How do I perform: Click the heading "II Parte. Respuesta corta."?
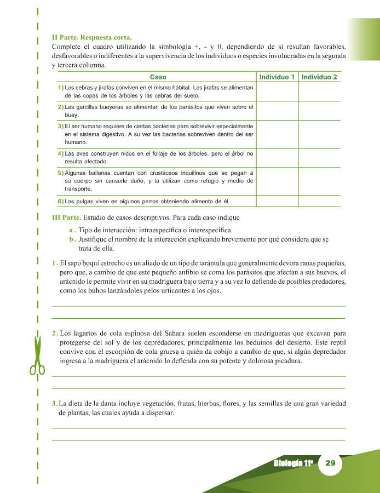pos(91,38)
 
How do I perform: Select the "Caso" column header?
pos(158,77)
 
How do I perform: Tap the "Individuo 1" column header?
pos(277,77)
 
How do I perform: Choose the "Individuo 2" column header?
pos(319,77)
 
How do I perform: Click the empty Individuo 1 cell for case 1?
pos(277,91)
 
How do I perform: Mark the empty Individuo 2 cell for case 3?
pos(319,134)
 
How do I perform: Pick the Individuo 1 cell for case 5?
pos(277,181)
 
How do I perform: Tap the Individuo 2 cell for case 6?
pos(319,200)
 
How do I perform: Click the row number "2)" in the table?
pos(61,107)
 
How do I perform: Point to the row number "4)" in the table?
pos(61,153)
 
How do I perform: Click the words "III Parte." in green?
pos(66,217)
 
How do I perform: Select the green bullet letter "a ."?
pos(72,230)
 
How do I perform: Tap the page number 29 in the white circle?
pos(330,463)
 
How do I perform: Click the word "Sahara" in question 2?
pos(169,333)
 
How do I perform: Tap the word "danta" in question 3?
pos(104,404)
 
